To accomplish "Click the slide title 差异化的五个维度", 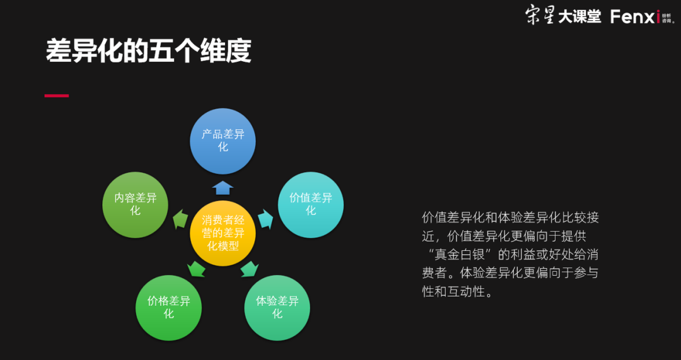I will click(149, 52).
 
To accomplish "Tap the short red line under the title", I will click(56, 96).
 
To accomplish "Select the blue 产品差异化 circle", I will click(223, 141).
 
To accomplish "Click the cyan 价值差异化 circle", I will click(310, 205).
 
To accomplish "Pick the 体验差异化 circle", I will click(277, 308).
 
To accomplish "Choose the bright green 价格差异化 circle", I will click(168, 308).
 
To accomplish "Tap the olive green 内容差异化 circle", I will click(135, 205).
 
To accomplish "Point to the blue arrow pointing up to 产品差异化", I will click(223, 187).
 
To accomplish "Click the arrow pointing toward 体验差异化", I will click(250, 269).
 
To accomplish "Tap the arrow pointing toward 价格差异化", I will click(196, 269).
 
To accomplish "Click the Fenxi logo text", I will click(634, 16).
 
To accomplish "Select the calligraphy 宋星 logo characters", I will click(540, 16).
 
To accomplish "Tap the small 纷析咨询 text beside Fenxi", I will click(668, 17).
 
